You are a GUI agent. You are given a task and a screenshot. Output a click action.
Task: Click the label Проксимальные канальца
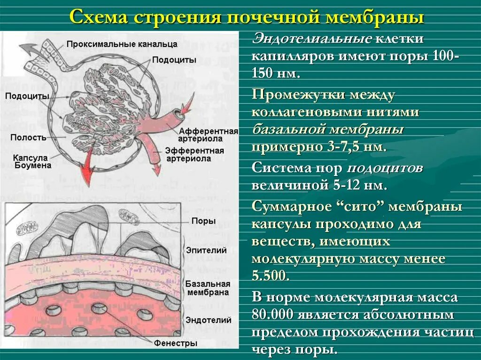(122, 44)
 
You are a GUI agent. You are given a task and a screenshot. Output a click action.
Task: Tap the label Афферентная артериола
(208, 135)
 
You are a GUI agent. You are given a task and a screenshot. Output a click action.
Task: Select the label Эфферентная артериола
(194, 154)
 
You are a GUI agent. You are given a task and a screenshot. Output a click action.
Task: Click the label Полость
(29, 138)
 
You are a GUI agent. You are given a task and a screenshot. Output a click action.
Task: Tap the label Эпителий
(206, 251)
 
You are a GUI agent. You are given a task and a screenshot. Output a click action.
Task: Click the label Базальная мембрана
(207, 288)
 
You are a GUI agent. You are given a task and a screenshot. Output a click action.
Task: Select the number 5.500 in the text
(270, 276)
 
